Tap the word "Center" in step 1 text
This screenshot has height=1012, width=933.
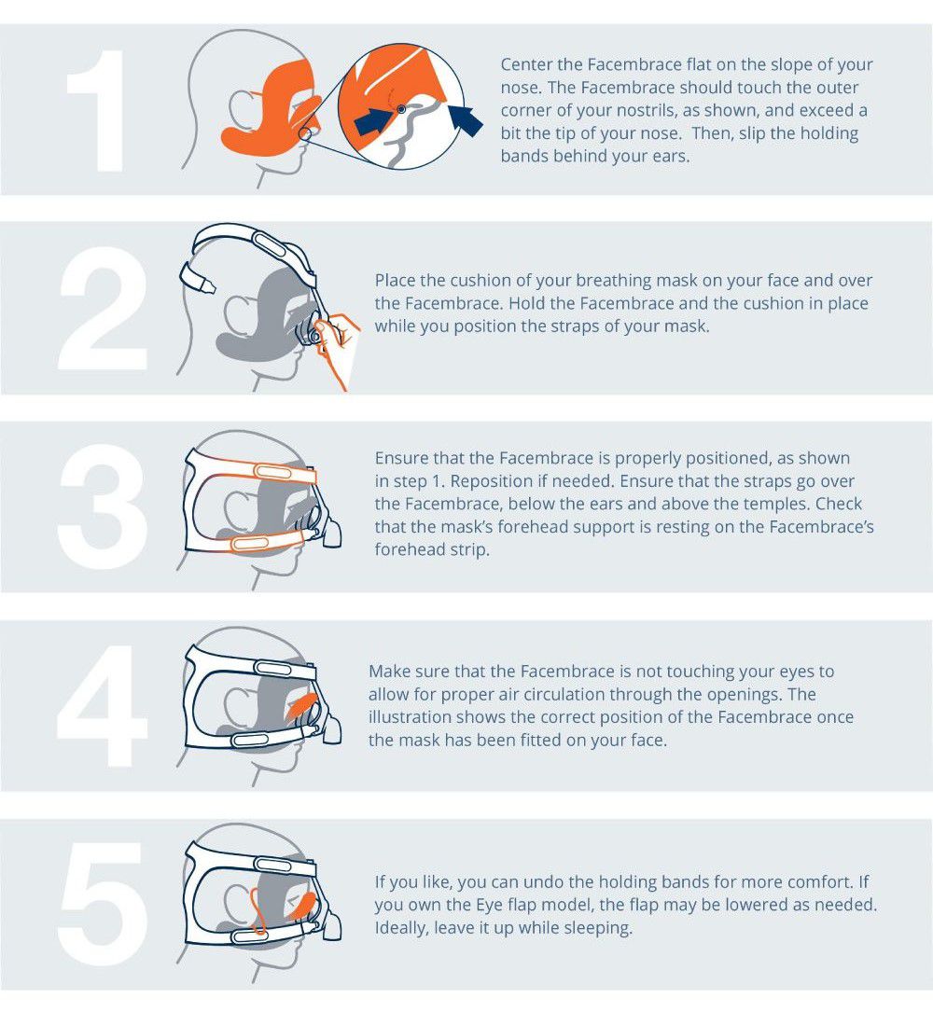tap(526, 64)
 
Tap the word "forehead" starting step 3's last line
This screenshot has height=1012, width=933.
tap(407, 549)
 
